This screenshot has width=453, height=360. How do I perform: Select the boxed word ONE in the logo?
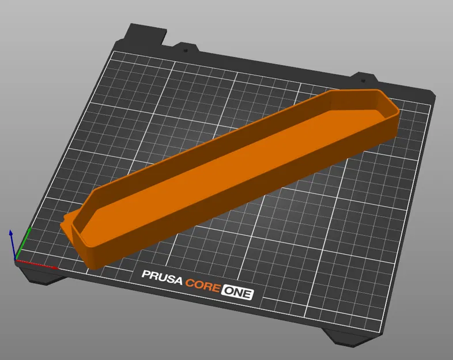(x=237, y=293)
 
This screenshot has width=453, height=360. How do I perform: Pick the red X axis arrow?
(x=38, y=264)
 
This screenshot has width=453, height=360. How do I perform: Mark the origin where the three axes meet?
(x=16, y=260)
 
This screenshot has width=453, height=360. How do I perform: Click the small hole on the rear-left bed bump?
(x=186, y=50)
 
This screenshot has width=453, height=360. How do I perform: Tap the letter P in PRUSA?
(x=146, y=277)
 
